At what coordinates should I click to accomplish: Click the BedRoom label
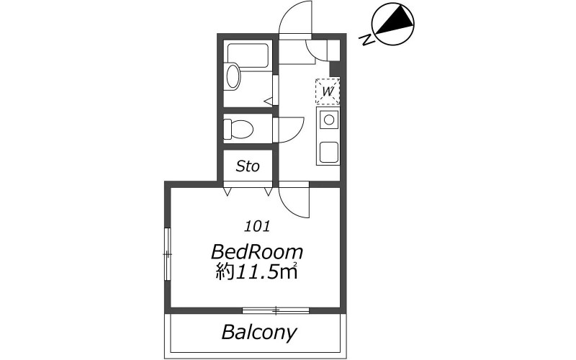coord(257,253)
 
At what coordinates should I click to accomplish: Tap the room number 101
coord(257,226)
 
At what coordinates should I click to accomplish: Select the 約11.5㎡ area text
coord(256,272)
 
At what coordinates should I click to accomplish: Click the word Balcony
coord(259,333)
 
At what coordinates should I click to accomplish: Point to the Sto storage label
coord(248,166)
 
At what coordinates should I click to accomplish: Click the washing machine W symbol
coord(328,91)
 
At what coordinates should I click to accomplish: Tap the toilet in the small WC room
coord(238,129)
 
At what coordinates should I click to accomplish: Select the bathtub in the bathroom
coord(248,56)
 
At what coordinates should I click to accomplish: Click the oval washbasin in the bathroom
coord(233,76)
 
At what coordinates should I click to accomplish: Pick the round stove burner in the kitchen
coord(329,120)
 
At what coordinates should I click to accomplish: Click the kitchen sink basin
coord(329,152)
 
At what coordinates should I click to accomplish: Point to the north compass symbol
coord(392,24)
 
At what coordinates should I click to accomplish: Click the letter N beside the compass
coord(367,40)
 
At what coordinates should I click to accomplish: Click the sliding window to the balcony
coord(276,311)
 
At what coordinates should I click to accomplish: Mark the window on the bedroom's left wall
coord(168,254)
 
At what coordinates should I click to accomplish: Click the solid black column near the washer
coord(335,68)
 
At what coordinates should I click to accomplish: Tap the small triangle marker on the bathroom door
coord(269,101)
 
